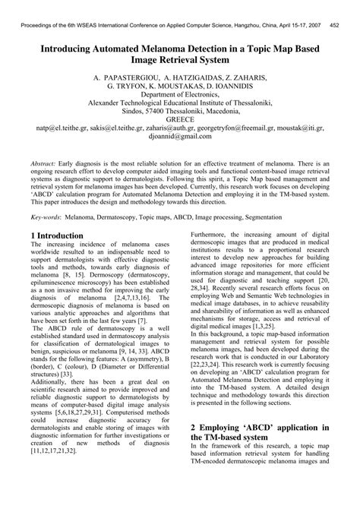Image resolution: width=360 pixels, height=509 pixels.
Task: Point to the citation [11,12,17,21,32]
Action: click(62, 473)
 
